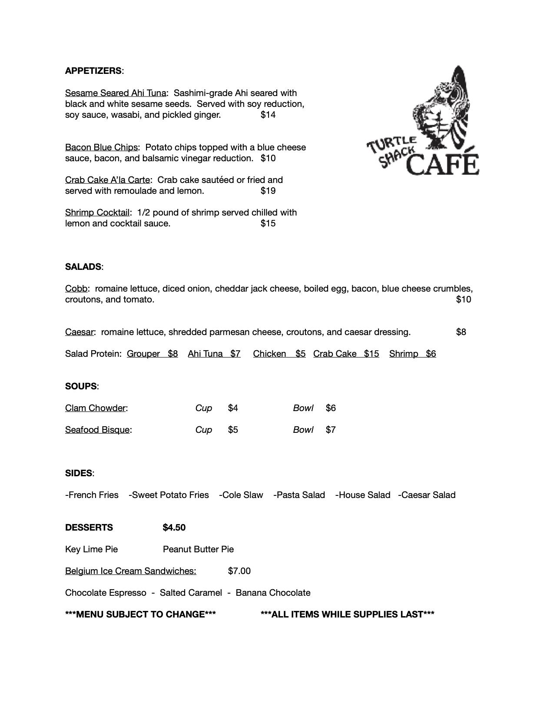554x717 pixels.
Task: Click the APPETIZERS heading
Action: coord(93,71)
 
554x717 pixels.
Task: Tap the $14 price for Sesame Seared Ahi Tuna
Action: coord(268,115)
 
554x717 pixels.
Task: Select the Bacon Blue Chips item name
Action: coord(101,147)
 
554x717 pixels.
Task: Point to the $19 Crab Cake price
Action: coord(268,191)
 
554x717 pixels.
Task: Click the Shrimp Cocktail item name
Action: coord(97,212)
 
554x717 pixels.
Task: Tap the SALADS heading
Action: coord(83,267)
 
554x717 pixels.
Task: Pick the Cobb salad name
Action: coord(76,289)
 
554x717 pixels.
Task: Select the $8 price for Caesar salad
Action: coord(461,332)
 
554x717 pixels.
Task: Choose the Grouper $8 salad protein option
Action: coord(152,354)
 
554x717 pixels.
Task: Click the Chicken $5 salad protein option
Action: coord(279,354)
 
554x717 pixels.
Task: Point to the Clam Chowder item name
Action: coord(95,408)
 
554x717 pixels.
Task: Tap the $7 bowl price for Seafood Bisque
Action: coord(331,430)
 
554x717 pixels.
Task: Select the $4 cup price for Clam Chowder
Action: coord(233,408)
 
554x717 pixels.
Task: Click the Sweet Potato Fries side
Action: coord(169,495)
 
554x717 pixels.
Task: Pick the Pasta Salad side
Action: coord(299,495)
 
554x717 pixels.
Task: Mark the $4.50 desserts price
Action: coord(174,528)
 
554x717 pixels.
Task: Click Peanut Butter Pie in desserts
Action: coord(198,549)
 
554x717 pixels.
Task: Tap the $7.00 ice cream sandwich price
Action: coord(239,571)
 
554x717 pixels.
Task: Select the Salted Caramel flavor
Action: coord(191,593)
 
